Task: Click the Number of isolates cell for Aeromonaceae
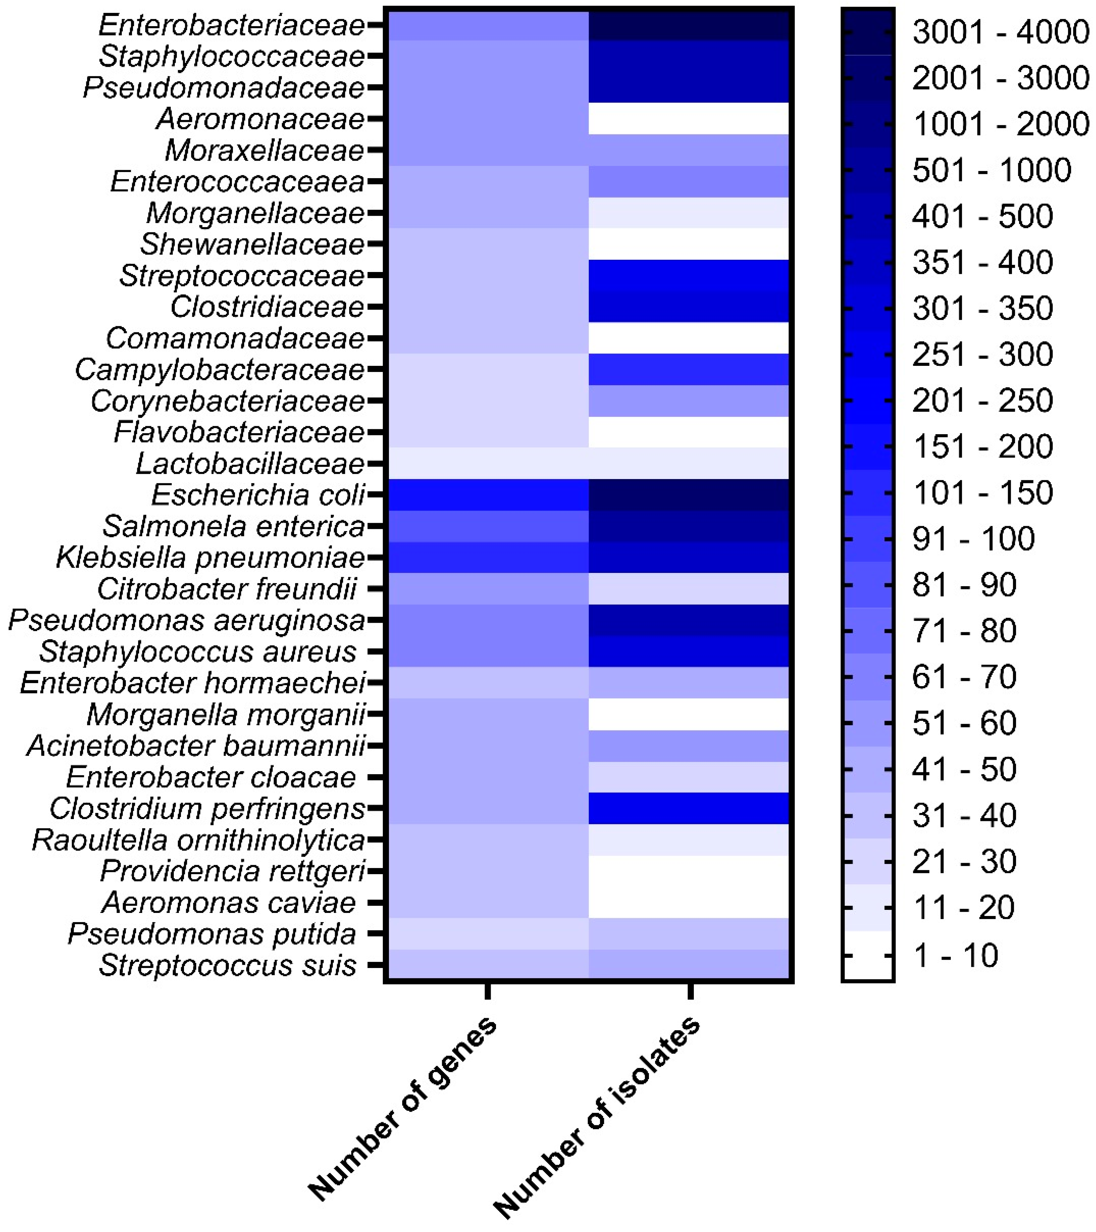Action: [689, 119]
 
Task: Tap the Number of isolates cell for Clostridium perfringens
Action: [689, 808]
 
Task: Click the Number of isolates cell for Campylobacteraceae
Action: [689, 370]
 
